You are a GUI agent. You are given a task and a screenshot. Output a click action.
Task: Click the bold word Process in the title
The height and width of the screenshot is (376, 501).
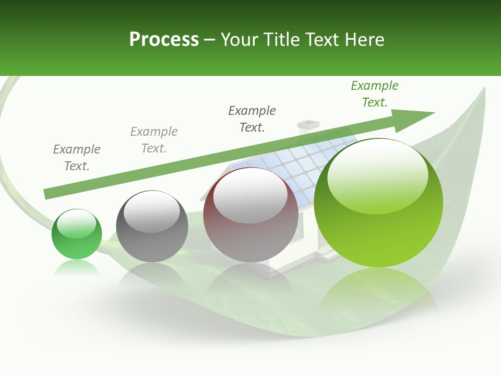[164, 40]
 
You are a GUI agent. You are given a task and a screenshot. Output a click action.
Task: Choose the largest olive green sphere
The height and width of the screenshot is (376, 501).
[378, 204]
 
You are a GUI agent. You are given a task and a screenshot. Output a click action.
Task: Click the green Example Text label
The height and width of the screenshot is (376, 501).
[374, 94]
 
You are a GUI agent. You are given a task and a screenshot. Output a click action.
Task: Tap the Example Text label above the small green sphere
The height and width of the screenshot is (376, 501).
[77, 158]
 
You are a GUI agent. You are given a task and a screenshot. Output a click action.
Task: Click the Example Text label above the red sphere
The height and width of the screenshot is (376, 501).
[252, 119]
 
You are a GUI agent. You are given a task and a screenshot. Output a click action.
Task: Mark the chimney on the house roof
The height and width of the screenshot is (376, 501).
[308, 125]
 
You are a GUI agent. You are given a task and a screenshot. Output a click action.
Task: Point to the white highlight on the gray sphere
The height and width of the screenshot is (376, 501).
[152, 211]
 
